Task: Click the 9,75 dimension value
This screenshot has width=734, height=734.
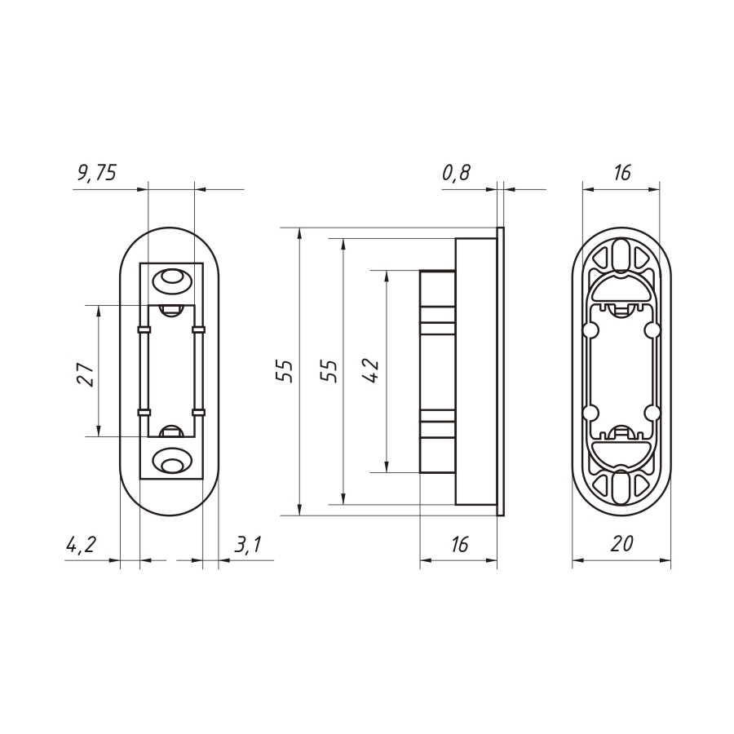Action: [97, 172]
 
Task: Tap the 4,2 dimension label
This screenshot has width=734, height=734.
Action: [82, 545]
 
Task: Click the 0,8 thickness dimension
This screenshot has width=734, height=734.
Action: [456, 172]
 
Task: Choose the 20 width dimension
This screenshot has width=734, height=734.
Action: [621, 545]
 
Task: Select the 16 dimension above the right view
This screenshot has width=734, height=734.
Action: [621, 172]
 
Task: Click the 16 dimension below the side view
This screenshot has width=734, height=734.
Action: [459, 545]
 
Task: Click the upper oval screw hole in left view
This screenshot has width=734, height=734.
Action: [171, 281]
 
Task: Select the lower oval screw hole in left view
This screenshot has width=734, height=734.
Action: [171, 463]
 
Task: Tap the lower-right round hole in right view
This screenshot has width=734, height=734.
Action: [652, 411]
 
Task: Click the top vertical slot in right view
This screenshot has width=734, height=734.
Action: [621, 255]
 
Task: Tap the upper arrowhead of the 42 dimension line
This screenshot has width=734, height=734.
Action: [385, 276]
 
